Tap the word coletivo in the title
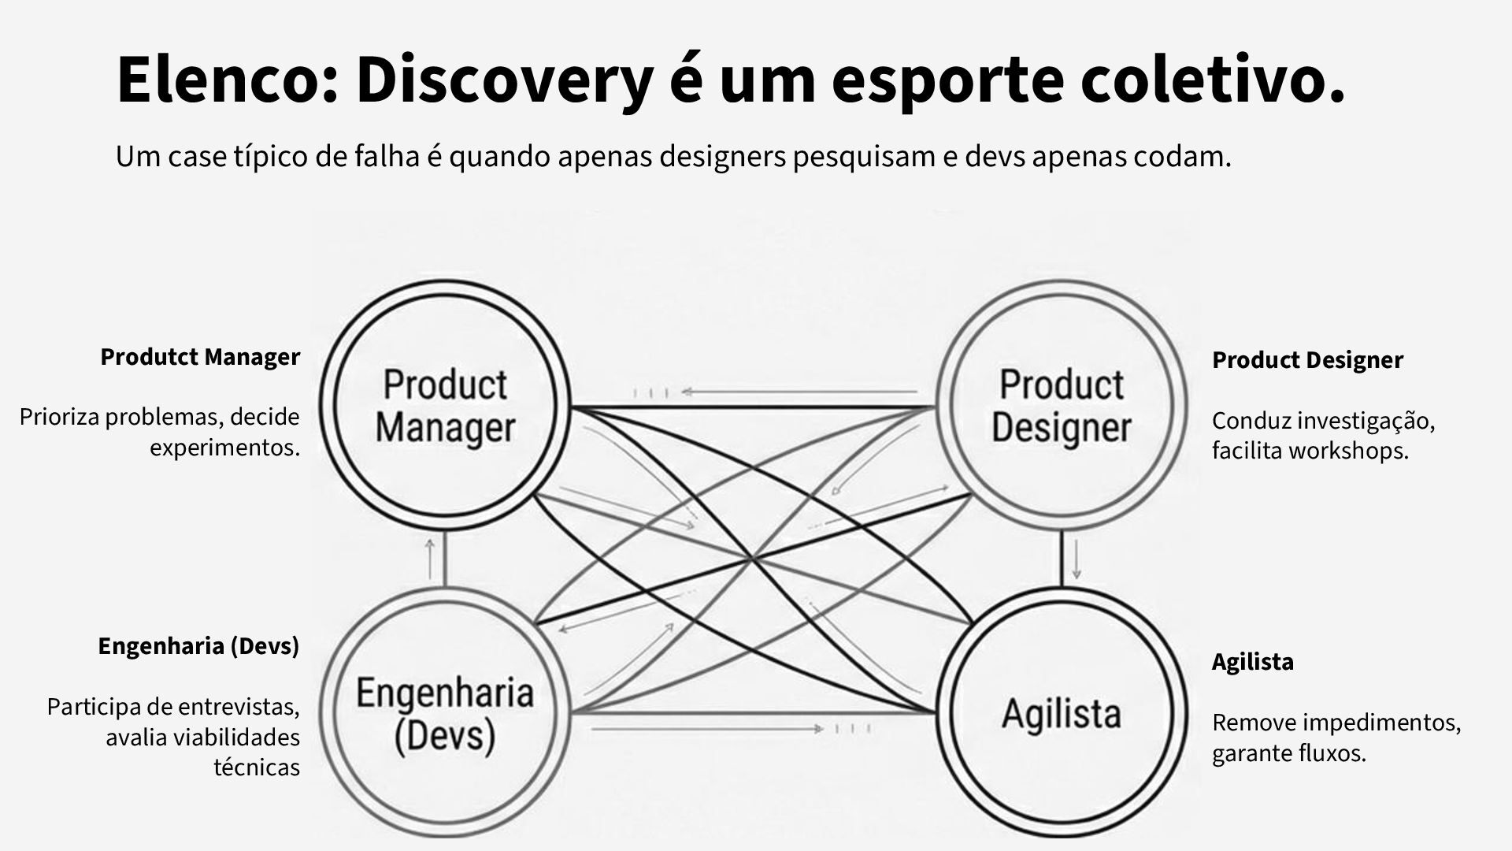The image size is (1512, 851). pyautogui.click(x=1213, y=80)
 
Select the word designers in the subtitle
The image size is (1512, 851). pyautogui.click(x=722, y=157)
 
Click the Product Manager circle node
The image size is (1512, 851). pyautogui.click(x=446, y=407)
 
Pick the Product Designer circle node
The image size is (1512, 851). pyautogui.click(x=1061, y=407)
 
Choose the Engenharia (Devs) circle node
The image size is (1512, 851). pyautogui.click(x=446, y=713)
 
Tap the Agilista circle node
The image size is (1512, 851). pyautogui.click(x=1061, y=713)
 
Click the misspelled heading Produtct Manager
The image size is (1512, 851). pyautogui.click(x=200, y=357)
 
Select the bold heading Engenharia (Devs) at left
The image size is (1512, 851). pyautogui.click(x=198, y=646)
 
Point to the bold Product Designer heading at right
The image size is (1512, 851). pyautogui.click(x=1307, y=360)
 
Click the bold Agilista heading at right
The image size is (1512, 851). pyautogui.click(x=1252, y=661)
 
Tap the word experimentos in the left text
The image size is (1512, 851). pyautogui.click(x=225, y=448)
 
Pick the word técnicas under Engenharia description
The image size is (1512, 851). pyautogui.click(x=257, y=767)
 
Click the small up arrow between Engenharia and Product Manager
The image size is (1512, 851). pyautogui.click(x=430, y=559)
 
